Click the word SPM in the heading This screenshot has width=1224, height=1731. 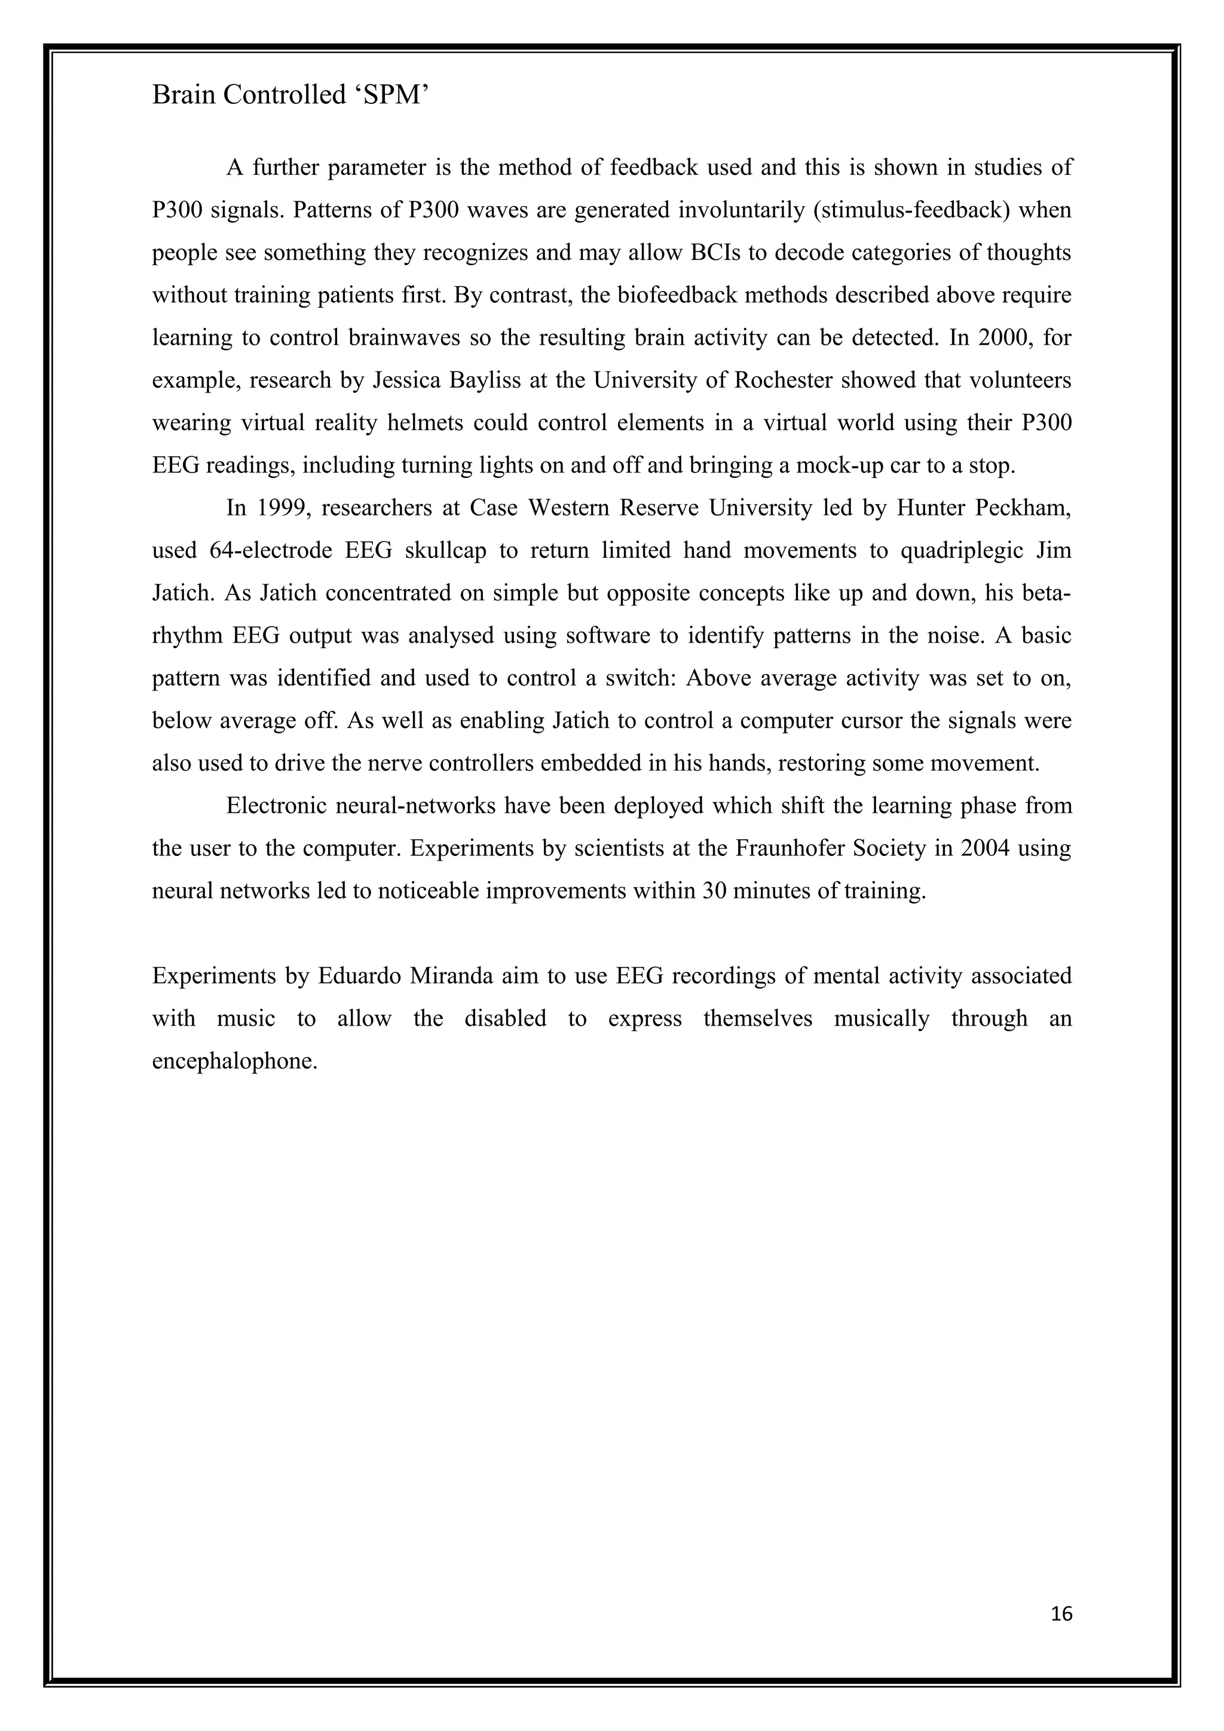pos(391,95)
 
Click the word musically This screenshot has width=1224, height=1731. pos(882,1018)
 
